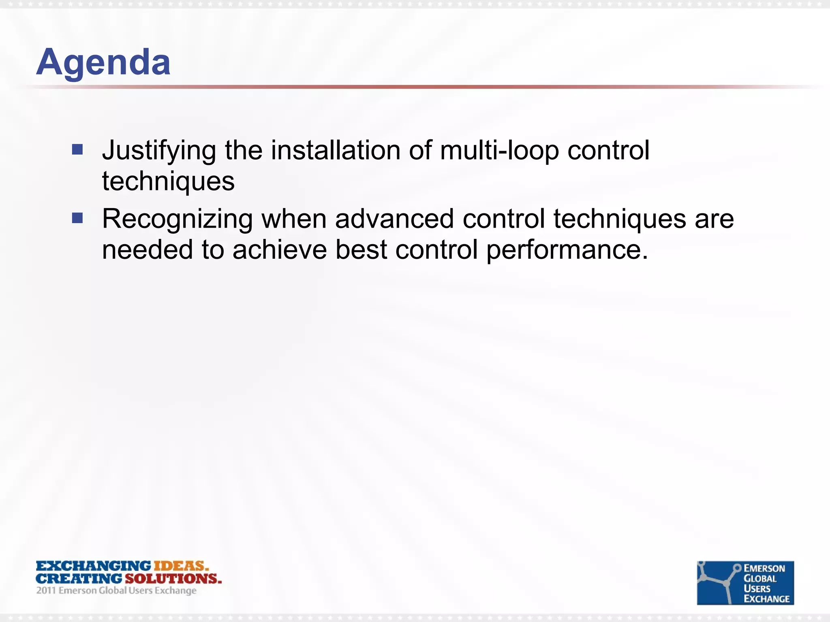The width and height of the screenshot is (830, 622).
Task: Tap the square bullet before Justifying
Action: (x=77, y=150)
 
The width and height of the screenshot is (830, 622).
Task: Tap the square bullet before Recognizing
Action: (x=77, y=218)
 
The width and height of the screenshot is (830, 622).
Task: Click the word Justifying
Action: (x=159, y=151)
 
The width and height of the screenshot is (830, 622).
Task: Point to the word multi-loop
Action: (x=499, y=151)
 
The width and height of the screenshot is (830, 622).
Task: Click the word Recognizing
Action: (x=177, y=219)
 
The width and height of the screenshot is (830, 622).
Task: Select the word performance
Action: (x=567, y=250)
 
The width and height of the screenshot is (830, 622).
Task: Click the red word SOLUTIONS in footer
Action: (x=173, y=578)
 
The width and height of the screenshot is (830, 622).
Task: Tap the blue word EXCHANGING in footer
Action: (x=93, y=566)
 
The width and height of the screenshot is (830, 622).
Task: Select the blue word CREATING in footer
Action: (x=79, y=578)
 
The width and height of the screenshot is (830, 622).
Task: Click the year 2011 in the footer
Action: (x=46, y=590)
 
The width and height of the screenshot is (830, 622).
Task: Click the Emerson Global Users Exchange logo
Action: (x=745, y=583)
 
